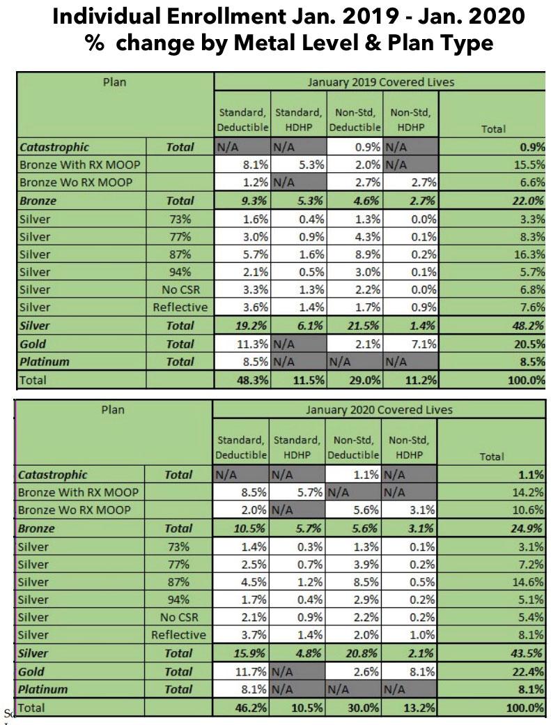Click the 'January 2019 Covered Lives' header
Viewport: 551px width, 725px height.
click(380, 82)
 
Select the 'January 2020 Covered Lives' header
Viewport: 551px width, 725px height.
click(380, 409)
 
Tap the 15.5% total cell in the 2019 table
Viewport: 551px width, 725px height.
click(528, 165)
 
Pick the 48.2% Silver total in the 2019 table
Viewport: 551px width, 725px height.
click(528, 326)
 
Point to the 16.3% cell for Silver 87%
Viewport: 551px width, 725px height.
click(528, 254)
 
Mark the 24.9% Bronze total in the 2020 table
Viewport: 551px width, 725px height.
click(528, 528)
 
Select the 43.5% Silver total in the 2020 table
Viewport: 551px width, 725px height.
click(528, 653)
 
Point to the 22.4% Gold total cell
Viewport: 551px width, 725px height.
click(528, 671)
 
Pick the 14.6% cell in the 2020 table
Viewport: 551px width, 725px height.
click(528, 581)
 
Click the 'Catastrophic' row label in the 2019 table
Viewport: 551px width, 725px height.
click(54, 147)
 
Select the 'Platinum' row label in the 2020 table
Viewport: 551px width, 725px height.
click(42, 689)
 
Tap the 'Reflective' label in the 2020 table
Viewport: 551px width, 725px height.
click(179, 635)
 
